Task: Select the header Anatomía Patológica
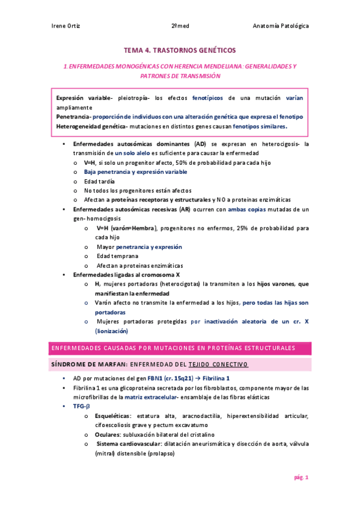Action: pyautogui.click(x=281, y=27)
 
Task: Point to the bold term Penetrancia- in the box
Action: pyautogui.click(x=73, y=115)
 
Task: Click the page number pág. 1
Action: pyautogui.click(x=301, y=478)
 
